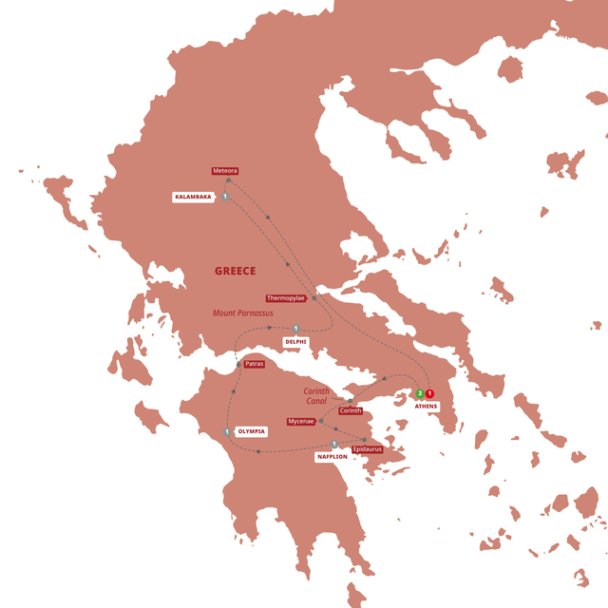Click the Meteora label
[225, 171]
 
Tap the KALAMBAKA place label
[193, 197]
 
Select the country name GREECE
[235, 271]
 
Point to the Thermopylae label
[286, 297]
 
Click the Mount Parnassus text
[242, 313]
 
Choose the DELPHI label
[296, 341]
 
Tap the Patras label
[253, 364]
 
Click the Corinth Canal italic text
[316, 396]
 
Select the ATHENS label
[426, 407]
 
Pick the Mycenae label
[300, 421]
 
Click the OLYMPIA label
[250, 432]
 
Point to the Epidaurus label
[367, 447]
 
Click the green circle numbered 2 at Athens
[419, 393]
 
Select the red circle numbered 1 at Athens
[429, 393]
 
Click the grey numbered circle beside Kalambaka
[224, 197]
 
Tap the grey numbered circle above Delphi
[296, 329]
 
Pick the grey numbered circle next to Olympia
[227, 432]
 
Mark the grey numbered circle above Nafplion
[334, 444]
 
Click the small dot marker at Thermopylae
[313, 297]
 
